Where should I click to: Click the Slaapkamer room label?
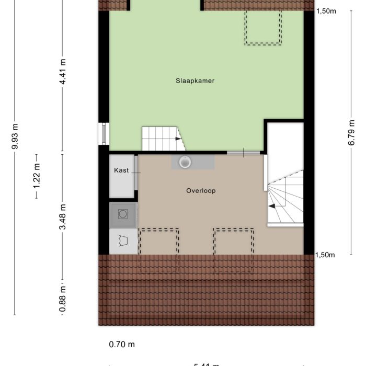[x=195, y=81]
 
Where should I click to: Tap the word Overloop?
[x=201, y=191]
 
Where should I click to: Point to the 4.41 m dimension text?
[x=63, y=75]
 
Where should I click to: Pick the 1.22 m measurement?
[x=36, y=176]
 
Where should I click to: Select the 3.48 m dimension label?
[x=63, y=219]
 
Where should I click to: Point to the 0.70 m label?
[x=122, y=344]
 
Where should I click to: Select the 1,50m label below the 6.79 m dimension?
[x=326, y=255]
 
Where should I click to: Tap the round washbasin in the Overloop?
[x=185, y=162]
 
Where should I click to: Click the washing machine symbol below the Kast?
[x=123, y=214]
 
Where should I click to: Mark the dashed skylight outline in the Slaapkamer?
[x=263, y=27]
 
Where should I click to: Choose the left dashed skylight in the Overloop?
[x=159, y=249]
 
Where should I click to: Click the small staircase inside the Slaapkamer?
[x=161, y=139]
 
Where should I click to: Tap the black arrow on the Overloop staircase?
[x=272, y=207]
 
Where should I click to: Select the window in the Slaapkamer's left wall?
[x=104, y=133]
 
